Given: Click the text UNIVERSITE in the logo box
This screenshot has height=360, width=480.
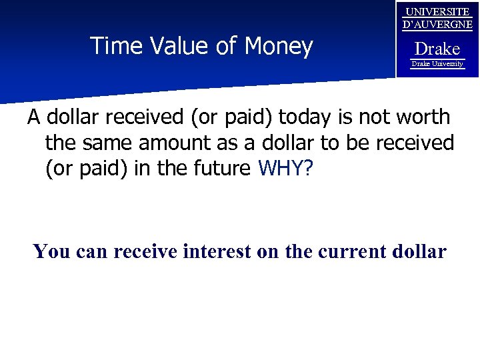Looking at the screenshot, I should [x=437, y=12].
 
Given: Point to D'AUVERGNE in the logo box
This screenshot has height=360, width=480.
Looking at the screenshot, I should [x=437, y=25].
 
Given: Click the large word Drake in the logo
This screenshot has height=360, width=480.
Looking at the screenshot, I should [x=437, y=48].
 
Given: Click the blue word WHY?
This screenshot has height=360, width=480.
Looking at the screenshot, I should [x=285, y=168].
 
